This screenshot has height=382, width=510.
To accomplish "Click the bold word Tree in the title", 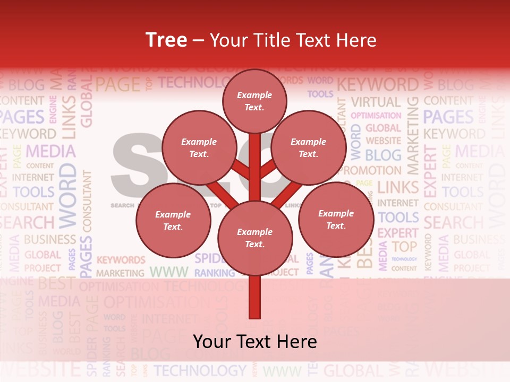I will coord(166,40).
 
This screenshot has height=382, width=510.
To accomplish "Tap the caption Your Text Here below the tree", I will coord(255,342).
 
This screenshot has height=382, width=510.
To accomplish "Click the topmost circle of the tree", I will coord(254,101).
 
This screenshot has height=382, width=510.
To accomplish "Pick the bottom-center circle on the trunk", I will coord(255,238).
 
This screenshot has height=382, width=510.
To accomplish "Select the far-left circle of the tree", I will coord(173,221).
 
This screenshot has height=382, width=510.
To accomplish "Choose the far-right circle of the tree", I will coord(336,219).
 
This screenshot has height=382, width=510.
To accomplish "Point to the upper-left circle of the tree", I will coord(199,148).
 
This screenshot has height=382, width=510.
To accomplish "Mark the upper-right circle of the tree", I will coord(309,148).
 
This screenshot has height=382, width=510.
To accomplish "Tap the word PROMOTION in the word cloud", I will coord(370,171).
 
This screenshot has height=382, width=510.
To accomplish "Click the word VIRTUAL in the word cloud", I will coord(376,102).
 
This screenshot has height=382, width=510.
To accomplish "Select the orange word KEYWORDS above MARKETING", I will coord(121,261).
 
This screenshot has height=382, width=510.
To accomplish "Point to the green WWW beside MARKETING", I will coord(169,272).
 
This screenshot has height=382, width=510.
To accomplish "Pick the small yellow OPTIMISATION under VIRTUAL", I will coord(376,115).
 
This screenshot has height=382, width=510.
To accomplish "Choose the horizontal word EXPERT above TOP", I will coord(397,232).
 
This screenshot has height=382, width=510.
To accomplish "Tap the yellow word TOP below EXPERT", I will coord(404,246).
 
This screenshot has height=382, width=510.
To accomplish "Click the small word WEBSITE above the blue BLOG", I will coord(384,141).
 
